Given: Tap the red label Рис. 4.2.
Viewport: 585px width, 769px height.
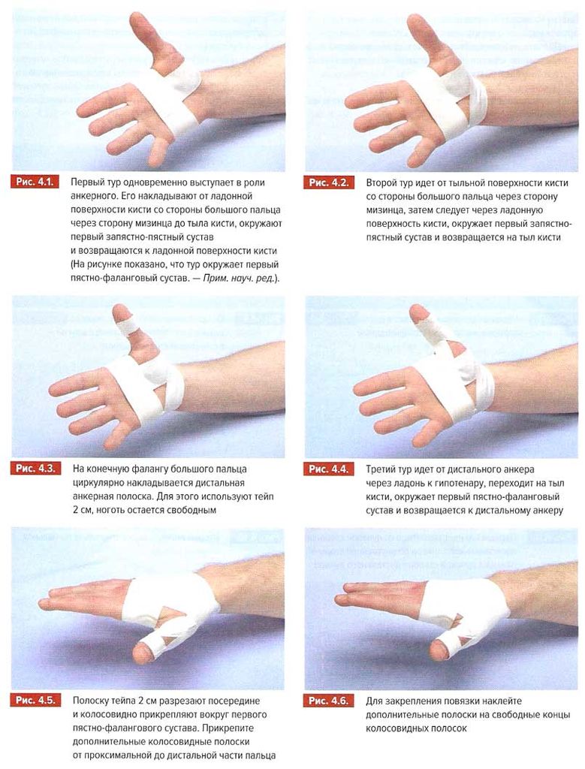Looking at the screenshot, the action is point(327,183).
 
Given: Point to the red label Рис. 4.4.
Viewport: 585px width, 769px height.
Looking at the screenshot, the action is point(327,469).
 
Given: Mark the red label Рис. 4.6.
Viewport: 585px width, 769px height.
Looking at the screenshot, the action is point(327,701).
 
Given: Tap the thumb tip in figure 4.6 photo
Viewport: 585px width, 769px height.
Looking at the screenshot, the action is point(438,651).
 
